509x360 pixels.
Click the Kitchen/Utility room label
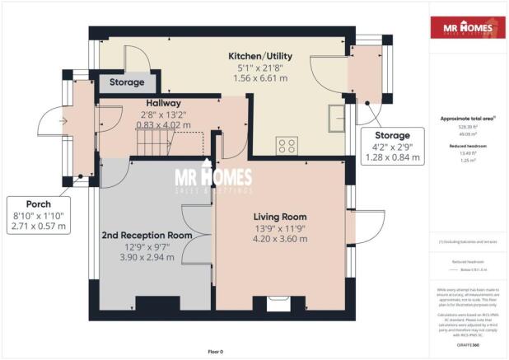click(x=260, y=56)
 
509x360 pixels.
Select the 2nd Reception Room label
click(x=147, y=235)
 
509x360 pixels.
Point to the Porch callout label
click(x=38, y=203)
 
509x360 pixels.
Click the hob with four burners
click(x=287, y=146)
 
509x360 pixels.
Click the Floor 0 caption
click(x=215, y=352)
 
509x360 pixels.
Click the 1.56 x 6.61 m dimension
click(x=260, y=80)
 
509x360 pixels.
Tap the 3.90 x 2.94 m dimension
click(x=147, y=257)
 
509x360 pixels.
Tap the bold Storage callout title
click(x=392, y=135)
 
